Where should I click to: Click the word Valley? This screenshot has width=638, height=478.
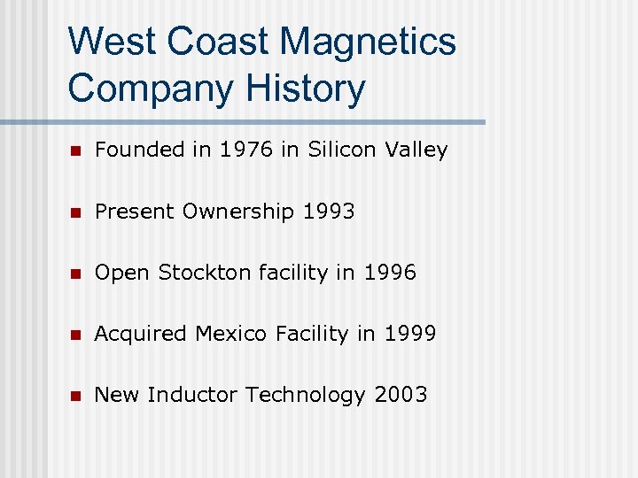(x=416, y=150)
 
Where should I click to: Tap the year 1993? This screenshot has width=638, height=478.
(x=329, y=212)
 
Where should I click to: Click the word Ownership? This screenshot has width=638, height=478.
(x=238, y=212)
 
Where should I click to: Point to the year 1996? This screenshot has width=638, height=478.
(x=389, y=273)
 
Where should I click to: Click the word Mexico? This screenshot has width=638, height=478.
(x=230, y=334)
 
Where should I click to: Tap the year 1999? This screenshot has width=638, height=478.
(x=409, y=334)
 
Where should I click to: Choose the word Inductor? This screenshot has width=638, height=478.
(x=193, y=395)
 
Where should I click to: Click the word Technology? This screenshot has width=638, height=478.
(x=307, y=395)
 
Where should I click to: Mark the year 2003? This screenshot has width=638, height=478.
(x=401, y=395)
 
